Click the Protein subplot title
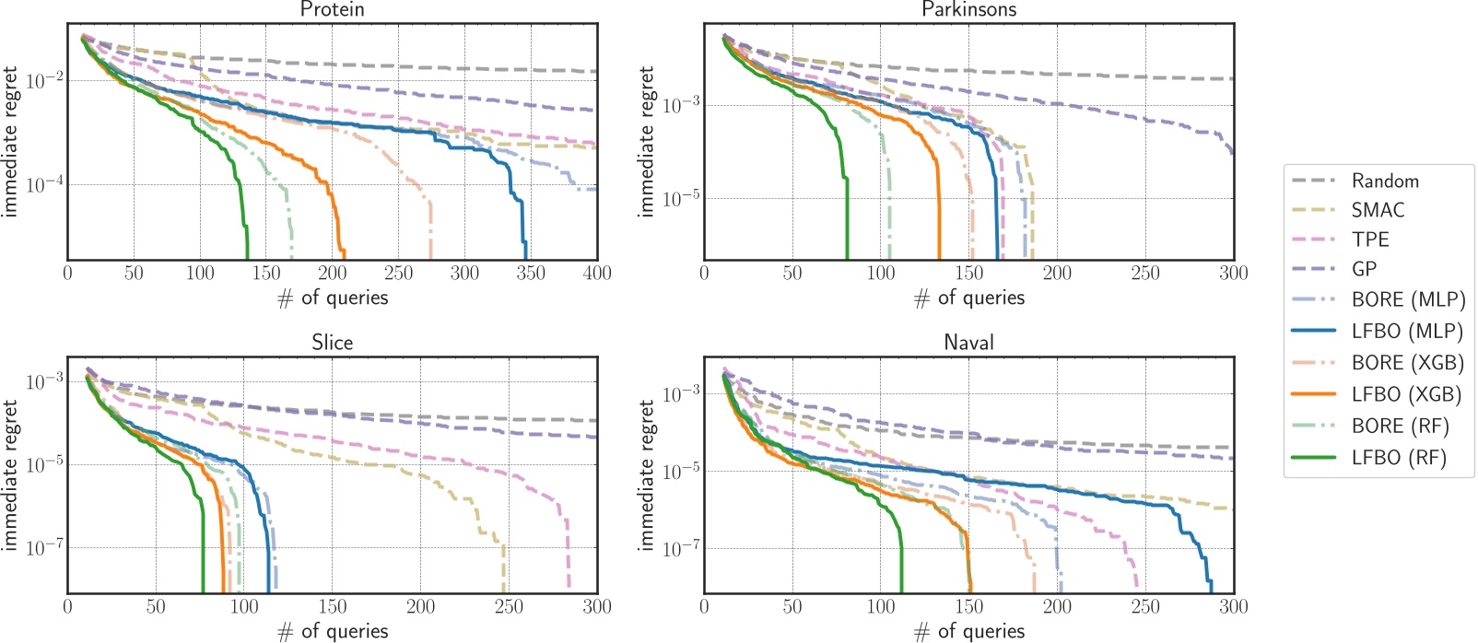point(332,9)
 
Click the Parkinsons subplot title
point(968,9)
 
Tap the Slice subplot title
point(332,343)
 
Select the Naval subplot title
point(968,343)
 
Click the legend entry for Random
point(1384,181)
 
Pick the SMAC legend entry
point(1378,210)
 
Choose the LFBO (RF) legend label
point(1399,458)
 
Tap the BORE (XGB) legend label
point(1407,363)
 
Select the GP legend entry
point(1364,269)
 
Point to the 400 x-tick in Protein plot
point(597,274)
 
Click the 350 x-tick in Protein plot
point(531,274)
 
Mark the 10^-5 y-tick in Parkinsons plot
point(681,198)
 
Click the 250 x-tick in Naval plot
point(1145,607)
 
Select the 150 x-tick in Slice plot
point(332,607)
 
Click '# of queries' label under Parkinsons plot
point(968,298)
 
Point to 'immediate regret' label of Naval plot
point(647,475)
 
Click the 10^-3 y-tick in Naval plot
point(681,393)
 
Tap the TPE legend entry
point(1369,240)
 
